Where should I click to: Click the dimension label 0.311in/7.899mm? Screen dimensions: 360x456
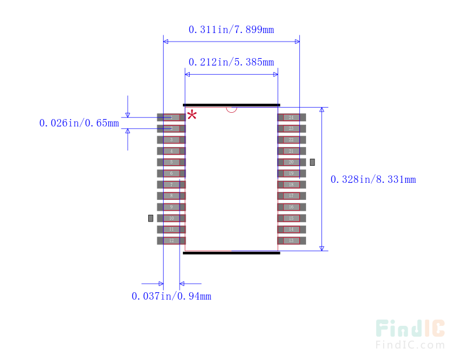click(x=231, y=30)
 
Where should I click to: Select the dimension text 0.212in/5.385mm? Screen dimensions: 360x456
click(x=231, y=62)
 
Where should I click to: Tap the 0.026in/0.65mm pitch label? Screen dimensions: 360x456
click(x=79, y=123)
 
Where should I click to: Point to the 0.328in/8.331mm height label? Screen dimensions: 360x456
click(x=373, y=179)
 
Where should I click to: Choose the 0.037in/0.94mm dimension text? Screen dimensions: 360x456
click(x=171, y=296)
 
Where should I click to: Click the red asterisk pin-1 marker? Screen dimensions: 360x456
click(x=192, y=114)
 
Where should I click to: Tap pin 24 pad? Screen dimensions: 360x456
click(x=291, y=117)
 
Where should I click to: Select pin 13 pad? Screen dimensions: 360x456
click(x=291, y=241)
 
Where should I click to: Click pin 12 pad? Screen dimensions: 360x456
click(x=171, y=241)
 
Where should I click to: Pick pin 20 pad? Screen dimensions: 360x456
click(x=291, y=162)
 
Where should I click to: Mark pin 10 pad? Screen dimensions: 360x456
click(x=171, y=218)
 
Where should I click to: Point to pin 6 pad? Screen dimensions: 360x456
click(x=171, y=174)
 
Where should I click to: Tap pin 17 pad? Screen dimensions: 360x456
click(x=291, y=196)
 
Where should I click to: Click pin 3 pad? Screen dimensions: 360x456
click(x=171, y=140)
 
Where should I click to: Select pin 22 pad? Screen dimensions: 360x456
click(x=291, y=140)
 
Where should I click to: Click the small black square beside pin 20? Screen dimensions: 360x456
click(x=312, y=162)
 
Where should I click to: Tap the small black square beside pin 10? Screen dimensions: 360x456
click(x=150, y=218)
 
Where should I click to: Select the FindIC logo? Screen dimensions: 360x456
click(x=410, y=334)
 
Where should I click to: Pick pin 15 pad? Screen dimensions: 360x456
click(x=291, y=218)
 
